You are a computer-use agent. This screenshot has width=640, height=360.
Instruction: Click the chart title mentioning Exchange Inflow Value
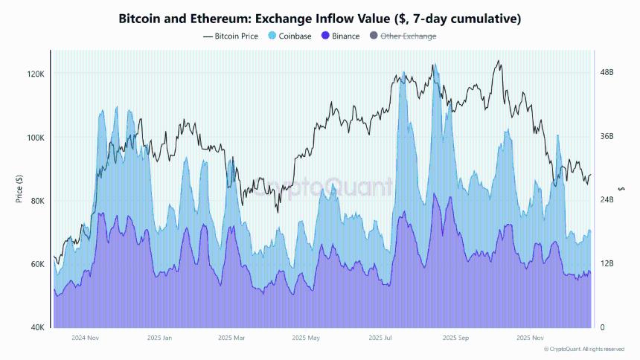coord(320,19)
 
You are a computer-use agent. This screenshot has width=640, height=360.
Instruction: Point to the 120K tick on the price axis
coord(36,74)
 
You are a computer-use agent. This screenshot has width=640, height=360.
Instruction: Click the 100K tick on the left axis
coord(36,138)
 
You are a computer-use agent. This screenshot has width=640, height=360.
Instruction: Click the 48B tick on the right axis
coord(607,72)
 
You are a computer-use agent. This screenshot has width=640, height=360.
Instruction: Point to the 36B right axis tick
coord(607,136)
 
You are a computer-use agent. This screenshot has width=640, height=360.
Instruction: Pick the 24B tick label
coord(607,200)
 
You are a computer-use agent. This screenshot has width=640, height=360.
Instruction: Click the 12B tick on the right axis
coord(607,264)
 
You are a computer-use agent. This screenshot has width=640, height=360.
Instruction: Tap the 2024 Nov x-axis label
coord(85,338)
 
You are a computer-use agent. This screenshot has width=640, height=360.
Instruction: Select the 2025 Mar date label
coord(231,338)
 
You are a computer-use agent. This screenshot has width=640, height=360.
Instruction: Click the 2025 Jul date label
coord(380,338)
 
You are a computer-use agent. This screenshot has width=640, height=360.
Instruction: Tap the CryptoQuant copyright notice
coord(583,349)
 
